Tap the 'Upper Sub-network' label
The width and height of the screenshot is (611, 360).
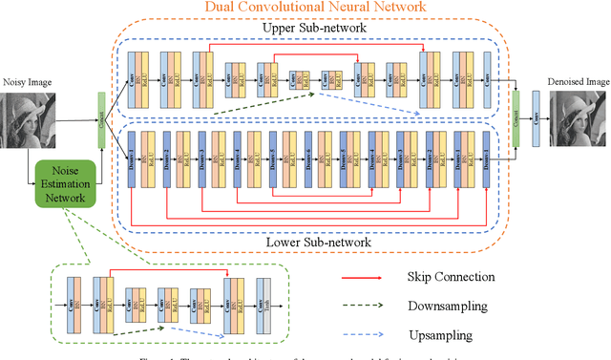[314, 30]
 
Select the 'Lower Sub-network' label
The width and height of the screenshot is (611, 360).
[314, 243]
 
